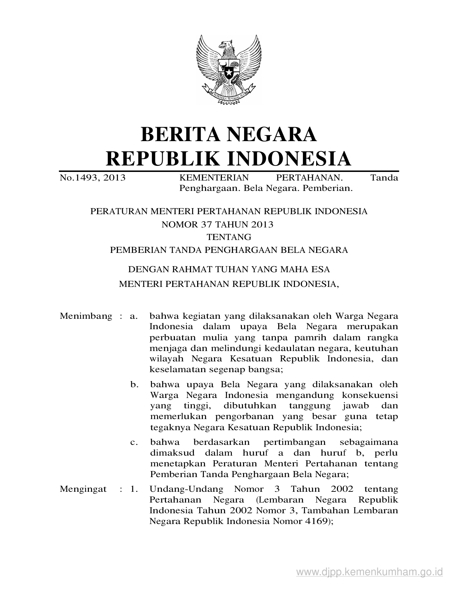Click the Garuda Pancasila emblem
click(x=229, y=69)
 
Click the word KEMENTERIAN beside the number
click(x=214, y=178)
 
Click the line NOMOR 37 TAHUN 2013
click(x=218, y=225)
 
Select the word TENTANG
click(x=229, y=237)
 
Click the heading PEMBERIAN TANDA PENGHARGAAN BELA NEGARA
click(x=229, y=250)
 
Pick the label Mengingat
click(x=83, y=489)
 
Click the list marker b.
click(x=134, y=385)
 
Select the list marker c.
click(x=134, y=442)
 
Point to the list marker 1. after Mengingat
click(x=134, y=489)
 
